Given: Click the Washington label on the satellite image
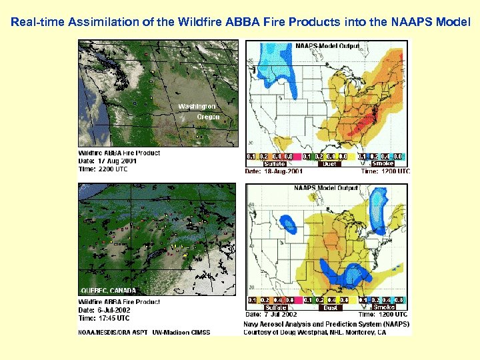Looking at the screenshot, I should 197,107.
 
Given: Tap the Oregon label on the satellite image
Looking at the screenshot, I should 208,117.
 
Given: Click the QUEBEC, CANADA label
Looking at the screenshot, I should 108,291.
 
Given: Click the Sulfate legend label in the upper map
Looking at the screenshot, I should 275,164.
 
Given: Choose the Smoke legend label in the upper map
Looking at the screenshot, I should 383,163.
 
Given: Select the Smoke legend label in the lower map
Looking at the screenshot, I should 384,308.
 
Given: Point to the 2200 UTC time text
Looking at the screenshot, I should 114,169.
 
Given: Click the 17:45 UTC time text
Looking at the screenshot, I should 114,317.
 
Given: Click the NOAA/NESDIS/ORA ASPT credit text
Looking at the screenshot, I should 113,331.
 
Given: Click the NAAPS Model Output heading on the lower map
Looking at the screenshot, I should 326,188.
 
